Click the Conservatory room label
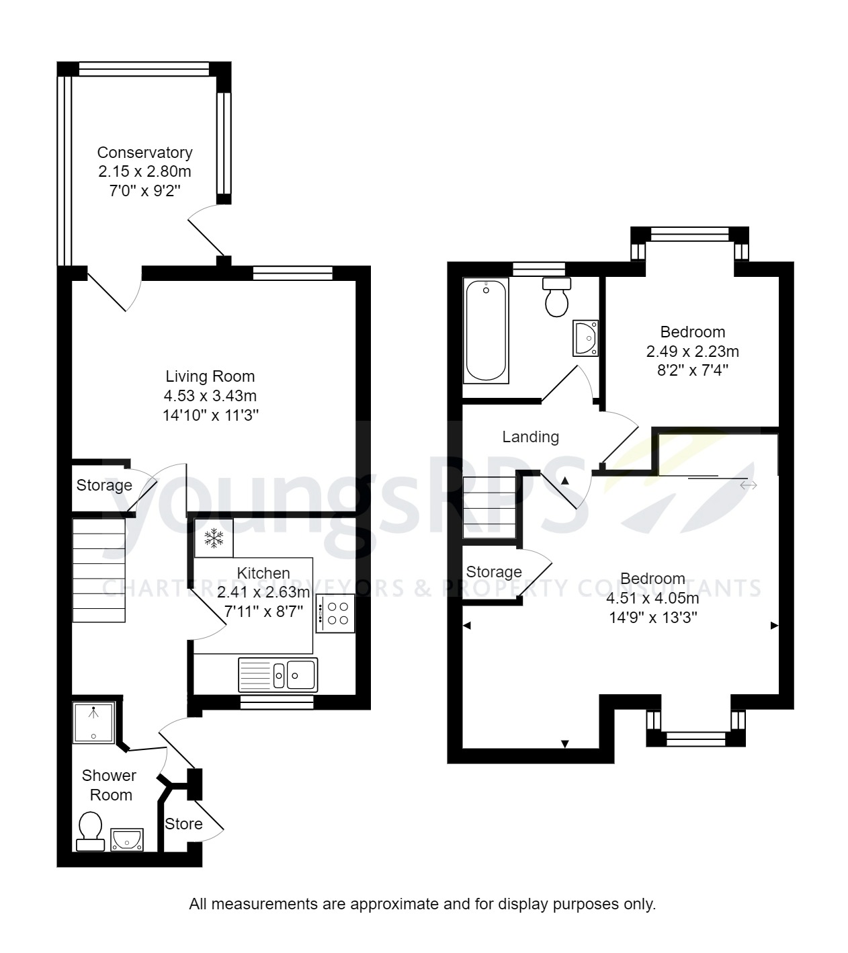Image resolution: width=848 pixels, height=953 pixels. pos(144,153)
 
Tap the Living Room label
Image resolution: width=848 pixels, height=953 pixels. pos(210,376)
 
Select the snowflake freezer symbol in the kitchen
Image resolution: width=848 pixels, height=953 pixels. pos(214,538)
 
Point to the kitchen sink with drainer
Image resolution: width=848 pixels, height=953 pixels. pos(278,675)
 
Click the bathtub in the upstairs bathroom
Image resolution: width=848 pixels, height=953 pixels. pos(485,331)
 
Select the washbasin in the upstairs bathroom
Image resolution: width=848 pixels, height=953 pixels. pos(585,337)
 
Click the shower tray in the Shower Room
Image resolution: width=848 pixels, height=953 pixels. pos(93,722)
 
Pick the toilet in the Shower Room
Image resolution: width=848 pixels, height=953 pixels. pos(90,830)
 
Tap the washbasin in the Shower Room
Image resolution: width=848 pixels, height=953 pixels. pos(126,839)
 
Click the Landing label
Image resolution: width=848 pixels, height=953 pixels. pos(530,437)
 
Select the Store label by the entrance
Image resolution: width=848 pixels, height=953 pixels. pos(183,824)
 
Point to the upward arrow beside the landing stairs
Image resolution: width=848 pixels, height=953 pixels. pos(565,481)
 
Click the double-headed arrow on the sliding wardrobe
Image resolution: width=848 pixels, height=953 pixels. pos(748,485)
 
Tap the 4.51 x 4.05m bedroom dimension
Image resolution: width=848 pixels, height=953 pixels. pos(652,598)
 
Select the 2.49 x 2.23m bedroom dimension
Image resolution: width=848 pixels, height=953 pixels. pos(692,351)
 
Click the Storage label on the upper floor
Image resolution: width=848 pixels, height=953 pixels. pos(494,572)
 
